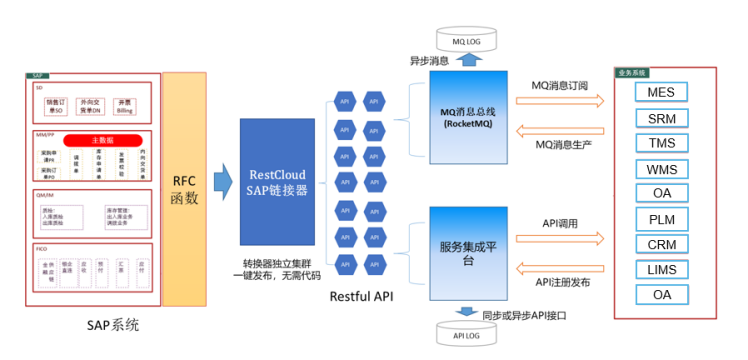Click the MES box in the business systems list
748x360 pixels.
tap(661, 93)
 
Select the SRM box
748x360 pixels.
tap(661, 119)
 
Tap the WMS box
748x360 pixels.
tap(661, 169)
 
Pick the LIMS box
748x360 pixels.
tap(661, 270)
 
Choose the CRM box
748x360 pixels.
tap(661, 245)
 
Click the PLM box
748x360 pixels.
tap(661, 219)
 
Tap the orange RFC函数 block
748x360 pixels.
tap(185, 188)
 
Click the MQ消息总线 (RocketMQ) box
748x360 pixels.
tap(468, 117)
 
